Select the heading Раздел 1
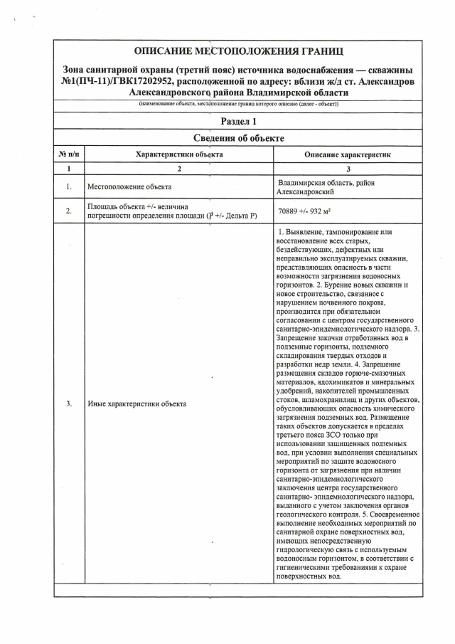[238, 121]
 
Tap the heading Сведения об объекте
[238, 137]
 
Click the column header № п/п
[68, 154]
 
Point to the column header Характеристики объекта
[178, 154]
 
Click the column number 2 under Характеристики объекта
[178, 169]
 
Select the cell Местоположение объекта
[129, 187]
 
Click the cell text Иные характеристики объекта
[136, 403]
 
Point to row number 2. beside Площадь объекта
[68, 211]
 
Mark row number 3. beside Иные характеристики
[68, 403]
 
